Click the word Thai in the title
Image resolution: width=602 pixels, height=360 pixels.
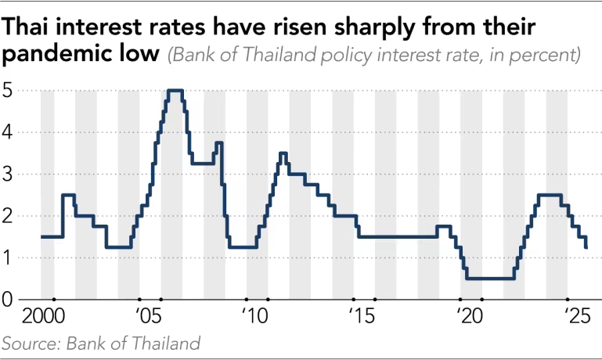tap(31, 28)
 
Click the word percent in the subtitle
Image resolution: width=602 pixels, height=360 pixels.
tap(543, 56)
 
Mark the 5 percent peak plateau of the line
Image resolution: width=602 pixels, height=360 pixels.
tap(175, 91)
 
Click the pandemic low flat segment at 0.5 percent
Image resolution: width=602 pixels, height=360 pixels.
tap(490, 278)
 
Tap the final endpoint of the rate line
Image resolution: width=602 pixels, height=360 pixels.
tap(586, 247)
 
